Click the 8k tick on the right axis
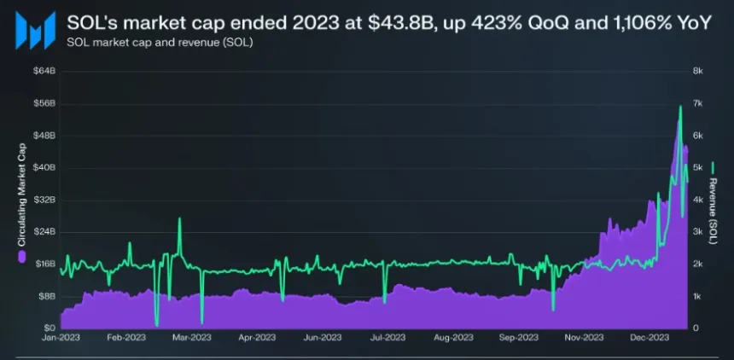click(x=696, y=72)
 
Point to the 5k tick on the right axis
click(x=696, y=167)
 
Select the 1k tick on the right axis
click(x=696, y=296)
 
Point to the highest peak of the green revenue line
click(x=680, y=106)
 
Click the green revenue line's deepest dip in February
click(x=157, y=324)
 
